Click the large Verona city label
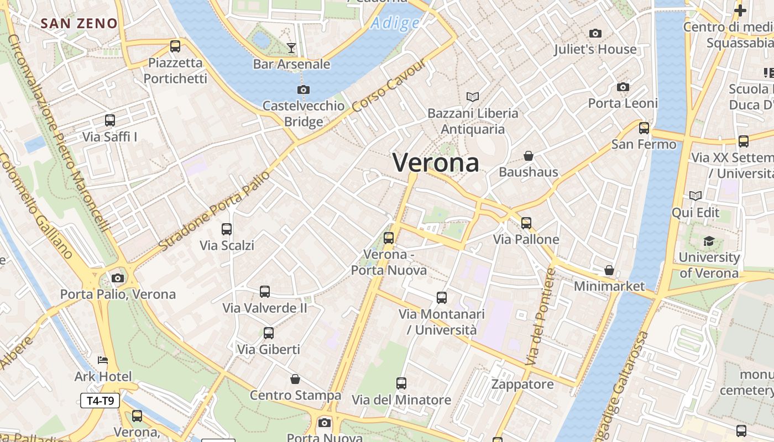436,163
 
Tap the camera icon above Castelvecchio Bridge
303,90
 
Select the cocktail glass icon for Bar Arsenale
291,48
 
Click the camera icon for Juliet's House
595,33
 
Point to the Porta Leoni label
623,103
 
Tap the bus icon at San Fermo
644,128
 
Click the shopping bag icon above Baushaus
529,156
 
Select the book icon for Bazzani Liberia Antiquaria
473,97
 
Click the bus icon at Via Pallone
526,223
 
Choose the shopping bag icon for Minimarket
609,270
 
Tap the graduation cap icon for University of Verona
709,241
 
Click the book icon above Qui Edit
695,196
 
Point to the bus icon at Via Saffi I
110,120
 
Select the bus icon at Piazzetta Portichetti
175,46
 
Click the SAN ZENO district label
79,23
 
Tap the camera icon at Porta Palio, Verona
118,278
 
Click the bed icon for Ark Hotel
103,360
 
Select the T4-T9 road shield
100,401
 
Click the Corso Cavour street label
389,85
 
